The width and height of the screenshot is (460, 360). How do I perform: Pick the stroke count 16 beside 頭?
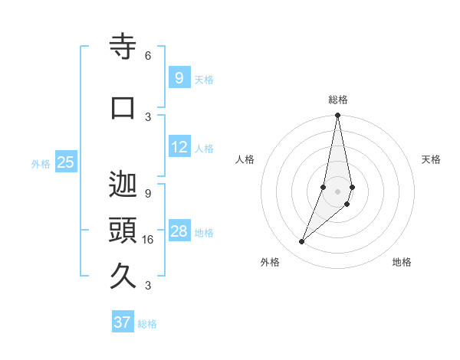pos(148,240)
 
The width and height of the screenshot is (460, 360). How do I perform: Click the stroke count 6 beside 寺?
pos(148,56)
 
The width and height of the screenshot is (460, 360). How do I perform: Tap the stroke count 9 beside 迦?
pos(148,194)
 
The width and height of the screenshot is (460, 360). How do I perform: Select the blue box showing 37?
pos(122,322)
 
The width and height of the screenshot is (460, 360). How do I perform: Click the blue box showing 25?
pos(65,162)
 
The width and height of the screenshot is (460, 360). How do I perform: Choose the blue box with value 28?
pos(179,231)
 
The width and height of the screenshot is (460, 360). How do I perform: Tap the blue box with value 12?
pos(179,147)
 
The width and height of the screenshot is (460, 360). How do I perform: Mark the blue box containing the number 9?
pos(179,77)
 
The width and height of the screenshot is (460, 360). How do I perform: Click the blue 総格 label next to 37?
pos(147,324)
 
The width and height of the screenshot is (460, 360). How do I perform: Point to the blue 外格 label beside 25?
pos(41,163)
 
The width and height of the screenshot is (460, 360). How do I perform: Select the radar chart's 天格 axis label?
pos(431,159)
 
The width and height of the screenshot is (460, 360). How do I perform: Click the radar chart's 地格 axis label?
pos(402,262)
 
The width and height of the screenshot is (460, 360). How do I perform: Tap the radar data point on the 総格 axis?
pos(337,116)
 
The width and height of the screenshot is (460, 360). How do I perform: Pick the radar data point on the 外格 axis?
pos(301,242)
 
